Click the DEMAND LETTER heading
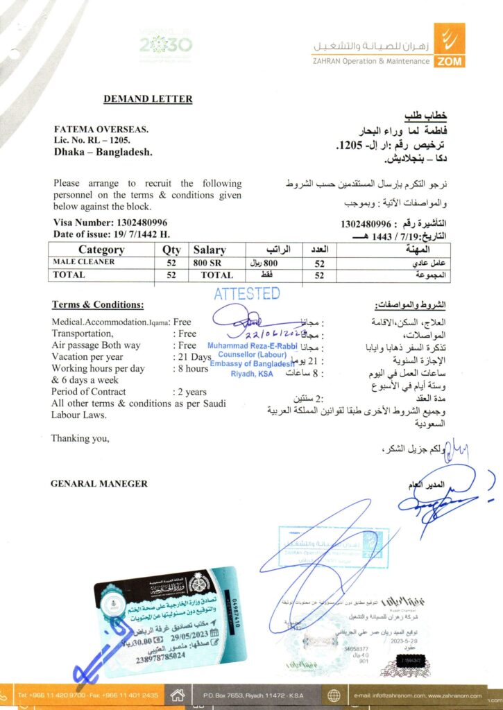(148, 99)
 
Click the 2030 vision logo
(165, 46)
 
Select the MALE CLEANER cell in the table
(84, 262)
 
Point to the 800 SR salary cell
(209, 263)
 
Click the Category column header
(101, 250)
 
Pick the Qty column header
(171, 250)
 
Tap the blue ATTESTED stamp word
(246, 293)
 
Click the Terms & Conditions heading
(98, 305)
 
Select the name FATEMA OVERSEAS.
(101, 129)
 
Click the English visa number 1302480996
(137, 223)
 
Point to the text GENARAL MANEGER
(99, 483)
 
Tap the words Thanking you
(80, 438)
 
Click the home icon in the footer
(178, 695)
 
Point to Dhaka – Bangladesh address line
(103, 152)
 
